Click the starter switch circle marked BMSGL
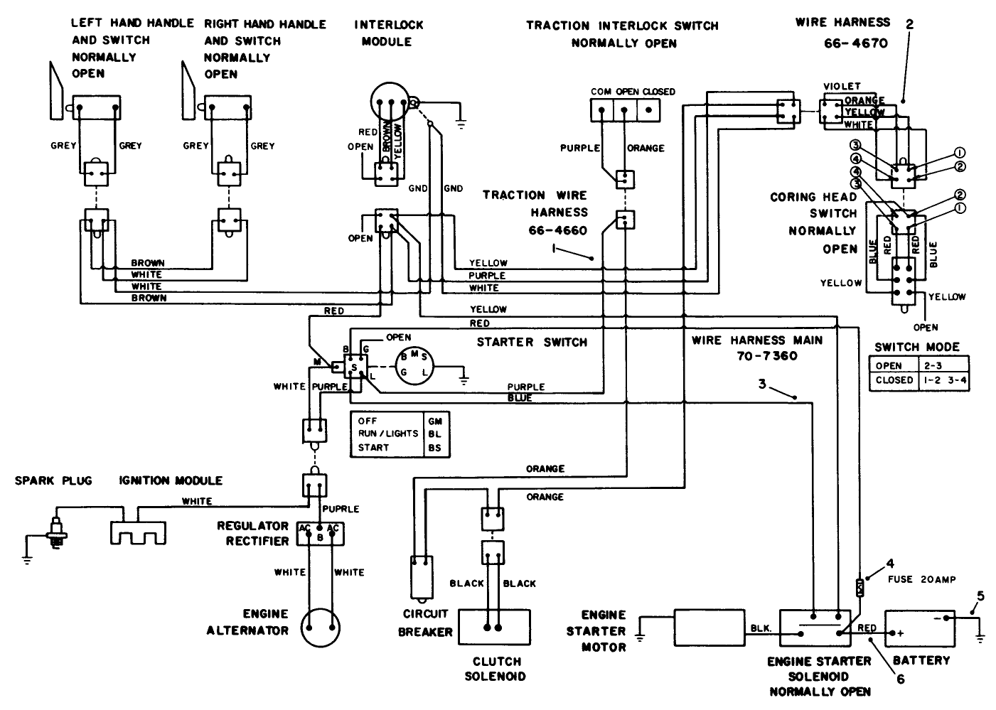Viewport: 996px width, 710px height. point(414,365)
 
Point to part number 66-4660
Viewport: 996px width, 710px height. point(558,230)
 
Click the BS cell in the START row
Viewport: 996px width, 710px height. point(434,448)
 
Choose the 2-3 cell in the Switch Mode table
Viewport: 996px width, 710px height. point(941,366)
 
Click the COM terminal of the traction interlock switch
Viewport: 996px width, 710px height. point(602,110)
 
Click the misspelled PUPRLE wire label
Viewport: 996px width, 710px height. point(341,510)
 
